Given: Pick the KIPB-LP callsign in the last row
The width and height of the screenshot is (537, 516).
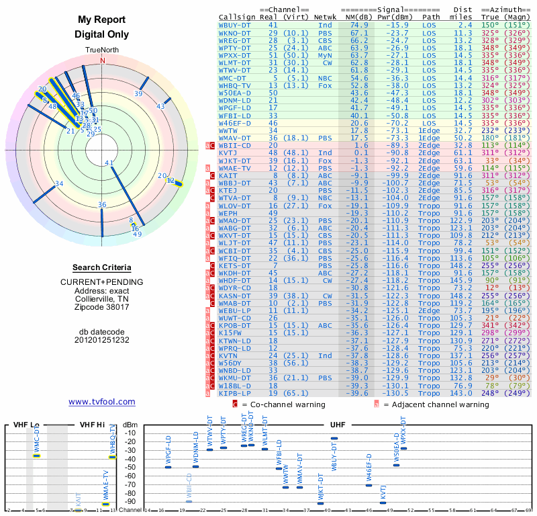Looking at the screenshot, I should [x=234, y=393].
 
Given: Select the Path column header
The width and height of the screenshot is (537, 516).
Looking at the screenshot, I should [x=432, y=17].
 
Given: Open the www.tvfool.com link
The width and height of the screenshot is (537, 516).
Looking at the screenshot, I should [x=102, y=402].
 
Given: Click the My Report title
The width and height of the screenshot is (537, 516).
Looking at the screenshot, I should [x=102, y=20].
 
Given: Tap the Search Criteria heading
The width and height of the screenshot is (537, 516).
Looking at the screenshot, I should [x=102, y=267].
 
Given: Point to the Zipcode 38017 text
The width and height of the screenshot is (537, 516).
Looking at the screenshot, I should [x=102, y=308].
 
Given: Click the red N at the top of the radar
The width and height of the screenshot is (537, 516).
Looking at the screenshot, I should [x=103, y=60].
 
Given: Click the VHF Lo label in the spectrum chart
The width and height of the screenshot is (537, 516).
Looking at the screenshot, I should [x=26, y=425].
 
